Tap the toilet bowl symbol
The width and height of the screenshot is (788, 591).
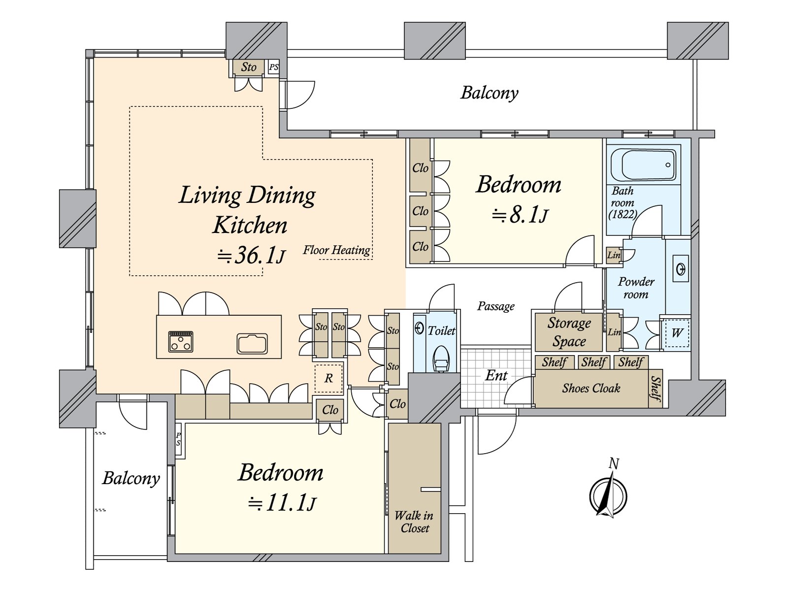point(441,359)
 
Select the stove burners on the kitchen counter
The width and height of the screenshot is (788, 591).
point(181,341)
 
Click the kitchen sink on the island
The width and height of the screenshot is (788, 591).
point(252,343)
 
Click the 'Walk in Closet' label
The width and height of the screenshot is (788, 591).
point(414,522)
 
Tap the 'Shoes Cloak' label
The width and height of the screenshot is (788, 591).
point(591,388)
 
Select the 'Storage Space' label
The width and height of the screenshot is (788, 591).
point(569,332)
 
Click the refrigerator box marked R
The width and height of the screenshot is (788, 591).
point(328,378)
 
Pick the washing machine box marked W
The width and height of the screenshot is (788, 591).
point(676,332)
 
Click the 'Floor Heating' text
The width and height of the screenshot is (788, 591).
point(336,250)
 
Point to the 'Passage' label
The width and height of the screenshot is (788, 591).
point(496,306)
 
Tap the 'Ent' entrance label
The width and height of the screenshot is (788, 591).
point(496,375)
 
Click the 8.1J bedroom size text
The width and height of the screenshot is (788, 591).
point(520,215)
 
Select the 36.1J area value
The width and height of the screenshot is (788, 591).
point(251,256)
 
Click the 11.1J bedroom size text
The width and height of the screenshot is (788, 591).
point(282,502)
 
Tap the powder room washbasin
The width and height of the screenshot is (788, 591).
point(680,269)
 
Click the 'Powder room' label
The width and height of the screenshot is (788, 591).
point(636,288)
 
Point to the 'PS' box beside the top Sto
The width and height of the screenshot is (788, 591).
point(273,67)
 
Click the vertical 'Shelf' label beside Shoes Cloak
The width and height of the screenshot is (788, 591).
point(656,389)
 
